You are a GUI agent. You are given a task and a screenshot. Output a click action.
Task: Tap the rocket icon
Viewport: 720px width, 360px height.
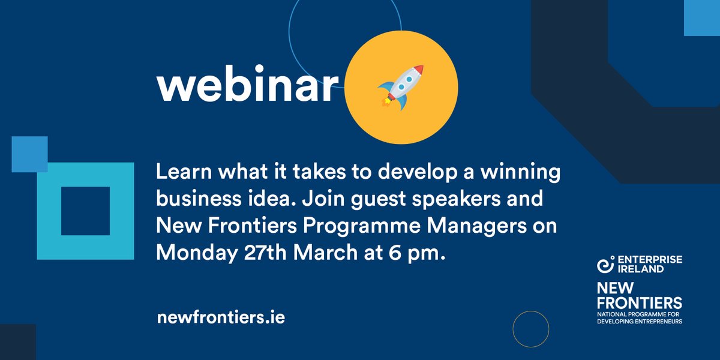pos(401,87)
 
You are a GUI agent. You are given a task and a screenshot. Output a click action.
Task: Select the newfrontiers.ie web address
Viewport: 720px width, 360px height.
pos(220,316)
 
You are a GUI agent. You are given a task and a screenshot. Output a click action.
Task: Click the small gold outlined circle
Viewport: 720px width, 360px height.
pos(531,329)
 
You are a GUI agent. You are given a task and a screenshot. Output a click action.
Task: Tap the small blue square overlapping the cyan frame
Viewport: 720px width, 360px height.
pos(29,154)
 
